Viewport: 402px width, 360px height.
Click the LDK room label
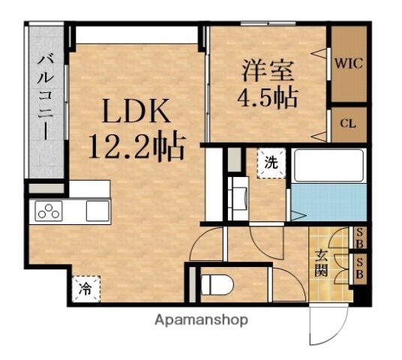click(x=136, y=114)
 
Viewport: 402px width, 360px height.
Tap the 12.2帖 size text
click(x=136, y=147)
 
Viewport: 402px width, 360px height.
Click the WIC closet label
click(x=349, y=64)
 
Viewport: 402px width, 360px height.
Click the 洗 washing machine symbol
click(x=271, y=161)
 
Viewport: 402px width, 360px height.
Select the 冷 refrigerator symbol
click(x=86, y=287)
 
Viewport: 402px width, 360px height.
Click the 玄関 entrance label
click(x=321, y=263)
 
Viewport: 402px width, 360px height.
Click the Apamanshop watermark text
click(x=201, y=319)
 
